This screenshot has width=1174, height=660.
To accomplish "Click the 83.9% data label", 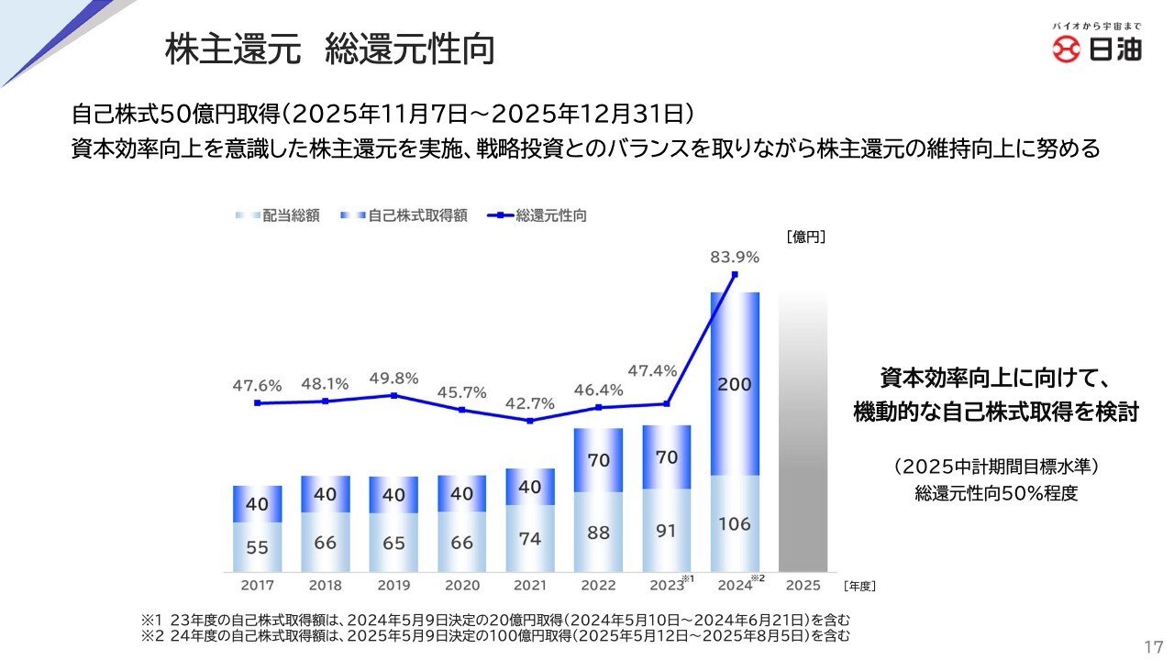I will coord(735,258).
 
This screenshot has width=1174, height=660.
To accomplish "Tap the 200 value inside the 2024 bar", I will coord(735,385).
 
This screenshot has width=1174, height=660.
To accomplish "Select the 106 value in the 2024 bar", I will coord(735,524).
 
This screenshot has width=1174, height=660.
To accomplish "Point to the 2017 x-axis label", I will coord(257,584).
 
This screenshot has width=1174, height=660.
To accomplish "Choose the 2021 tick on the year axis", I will coord(530,584).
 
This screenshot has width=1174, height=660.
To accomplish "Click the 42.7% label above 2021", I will coord(530,403).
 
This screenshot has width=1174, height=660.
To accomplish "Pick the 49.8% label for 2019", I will coord(393,378).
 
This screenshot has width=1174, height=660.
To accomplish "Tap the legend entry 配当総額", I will coord(278,216).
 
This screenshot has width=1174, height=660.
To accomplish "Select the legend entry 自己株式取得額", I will coord(406,216).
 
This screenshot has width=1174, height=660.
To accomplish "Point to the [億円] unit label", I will coord(806,236).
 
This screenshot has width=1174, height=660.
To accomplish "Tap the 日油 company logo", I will coord(1097,49).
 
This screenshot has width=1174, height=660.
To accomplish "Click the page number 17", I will coord(1153,646).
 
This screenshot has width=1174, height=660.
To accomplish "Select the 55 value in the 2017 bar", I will coord(257,547).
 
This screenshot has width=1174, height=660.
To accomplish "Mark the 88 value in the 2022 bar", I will coord(598,533).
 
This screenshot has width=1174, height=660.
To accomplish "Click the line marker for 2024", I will coord(735,274).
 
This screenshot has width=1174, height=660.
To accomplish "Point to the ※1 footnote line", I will coord(495,619).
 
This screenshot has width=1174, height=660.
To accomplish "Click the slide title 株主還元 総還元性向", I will coord(330,50).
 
